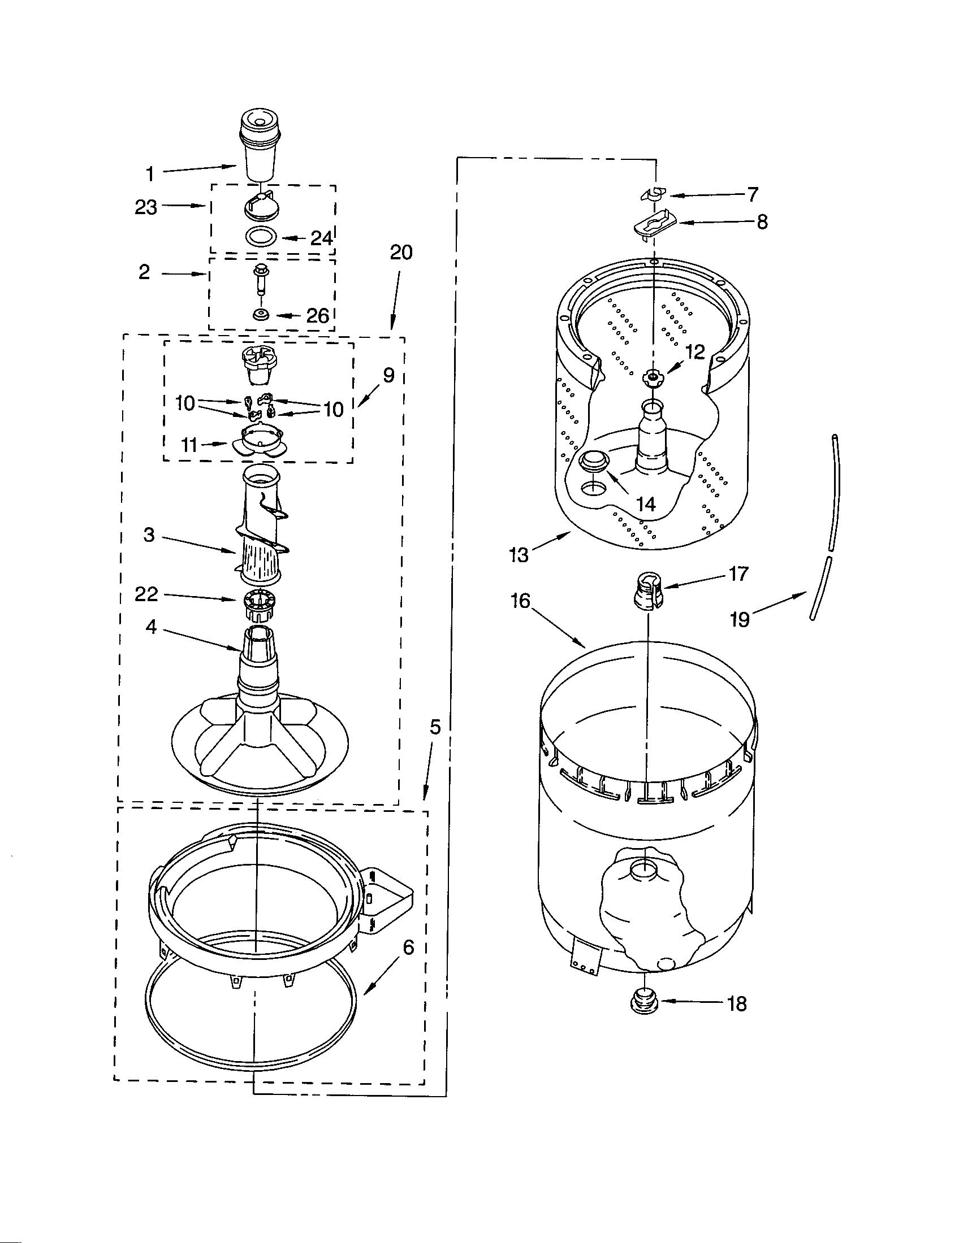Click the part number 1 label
(150, 173)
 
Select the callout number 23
(146, 207)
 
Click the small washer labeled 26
(262, 314)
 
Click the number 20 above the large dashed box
(401, 253)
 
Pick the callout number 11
(189, 445)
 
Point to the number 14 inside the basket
(646, 503)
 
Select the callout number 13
(519, 554)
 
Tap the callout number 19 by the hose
(740, 620)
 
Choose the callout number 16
(521, 601)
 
